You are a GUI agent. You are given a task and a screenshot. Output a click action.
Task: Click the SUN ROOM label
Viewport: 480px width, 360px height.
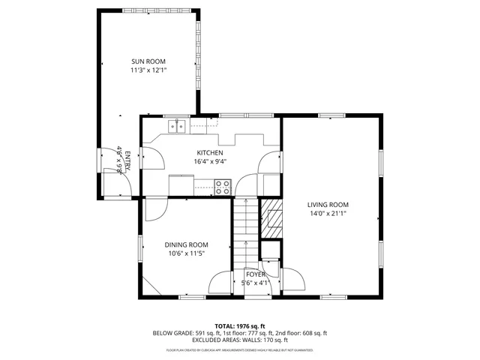(148, 61)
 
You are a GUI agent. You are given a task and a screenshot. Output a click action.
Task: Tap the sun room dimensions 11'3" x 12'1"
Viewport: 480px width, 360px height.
(148, 70)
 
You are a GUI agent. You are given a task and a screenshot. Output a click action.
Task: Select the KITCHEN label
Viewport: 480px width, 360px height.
(209, 152)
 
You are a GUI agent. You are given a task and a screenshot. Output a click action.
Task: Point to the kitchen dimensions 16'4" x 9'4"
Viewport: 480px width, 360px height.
(209, 160)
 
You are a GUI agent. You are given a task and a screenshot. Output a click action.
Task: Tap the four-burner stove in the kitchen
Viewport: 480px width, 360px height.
(223, 187)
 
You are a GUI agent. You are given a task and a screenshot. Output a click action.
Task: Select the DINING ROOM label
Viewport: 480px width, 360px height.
(187, 244)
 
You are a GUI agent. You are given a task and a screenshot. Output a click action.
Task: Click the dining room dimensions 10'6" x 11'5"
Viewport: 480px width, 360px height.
(187, 253)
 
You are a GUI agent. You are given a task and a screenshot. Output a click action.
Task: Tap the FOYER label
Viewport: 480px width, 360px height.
(256, 274)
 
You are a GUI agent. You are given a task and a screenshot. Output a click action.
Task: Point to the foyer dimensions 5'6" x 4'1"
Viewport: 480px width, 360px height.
(256, 283)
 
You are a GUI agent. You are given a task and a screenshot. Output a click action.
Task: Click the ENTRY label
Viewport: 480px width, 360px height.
(127, 161)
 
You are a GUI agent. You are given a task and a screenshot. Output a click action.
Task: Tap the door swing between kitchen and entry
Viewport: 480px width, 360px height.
(153, 158)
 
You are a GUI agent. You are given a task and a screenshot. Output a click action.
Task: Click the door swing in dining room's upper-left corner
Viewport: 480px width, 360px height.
(153, 209)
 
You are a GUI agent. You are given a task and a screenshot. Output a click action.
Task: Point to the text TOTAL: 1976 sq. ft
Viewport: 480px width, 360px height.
(240, 326)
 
